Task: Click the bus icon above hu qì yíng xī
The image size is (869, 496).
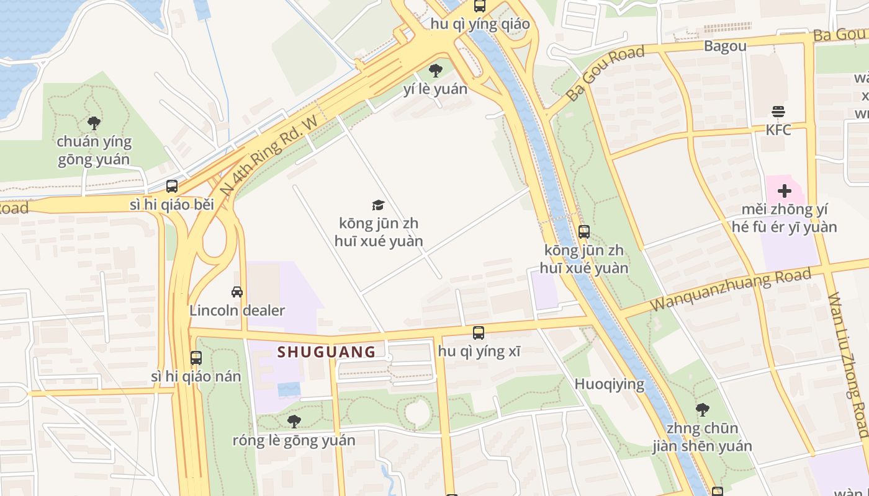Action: coord(478,333)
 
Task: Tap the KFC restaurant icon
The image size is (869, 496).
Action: coord(778,112)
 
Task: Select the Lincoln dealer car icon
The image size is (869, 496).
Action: coord(236,292)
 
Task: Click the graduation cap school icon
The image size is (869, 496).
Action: coord(378,205)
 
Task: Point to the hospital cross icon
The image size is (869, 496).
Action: coord(785,191)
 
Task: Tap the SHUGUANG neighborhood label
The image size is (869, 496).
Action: coord(326,352)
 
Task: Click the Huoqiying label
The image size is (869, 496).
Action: coord(609,384)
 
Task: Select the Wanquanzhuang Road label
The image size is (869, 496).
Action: coord(730,290)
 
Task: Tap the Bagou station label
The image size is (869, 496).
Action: coord(725,46)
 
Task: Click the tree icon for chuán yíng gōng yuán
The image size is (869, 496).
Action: coord(94,123)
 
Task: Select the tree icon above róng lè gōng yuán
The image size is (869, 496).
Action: coord(294,422)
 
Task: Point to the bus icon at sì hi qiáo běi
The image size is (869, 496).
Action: coord(172,186)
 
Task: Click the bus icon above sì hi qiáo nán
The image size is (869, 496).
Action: coord(196,358)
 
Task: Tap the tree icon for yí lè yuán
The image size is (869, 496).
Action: coord(436,70)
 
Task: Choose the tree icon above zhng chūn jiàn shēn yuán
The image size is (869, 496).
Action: coord(702,409)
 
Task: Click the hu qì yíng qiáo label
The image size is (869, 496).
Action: coord(481,24)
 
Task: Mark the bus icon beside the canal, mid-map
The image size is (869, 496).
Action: coord(583,232)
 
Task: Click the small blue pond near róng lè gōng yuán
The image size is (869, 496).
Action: coord(289,389)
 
